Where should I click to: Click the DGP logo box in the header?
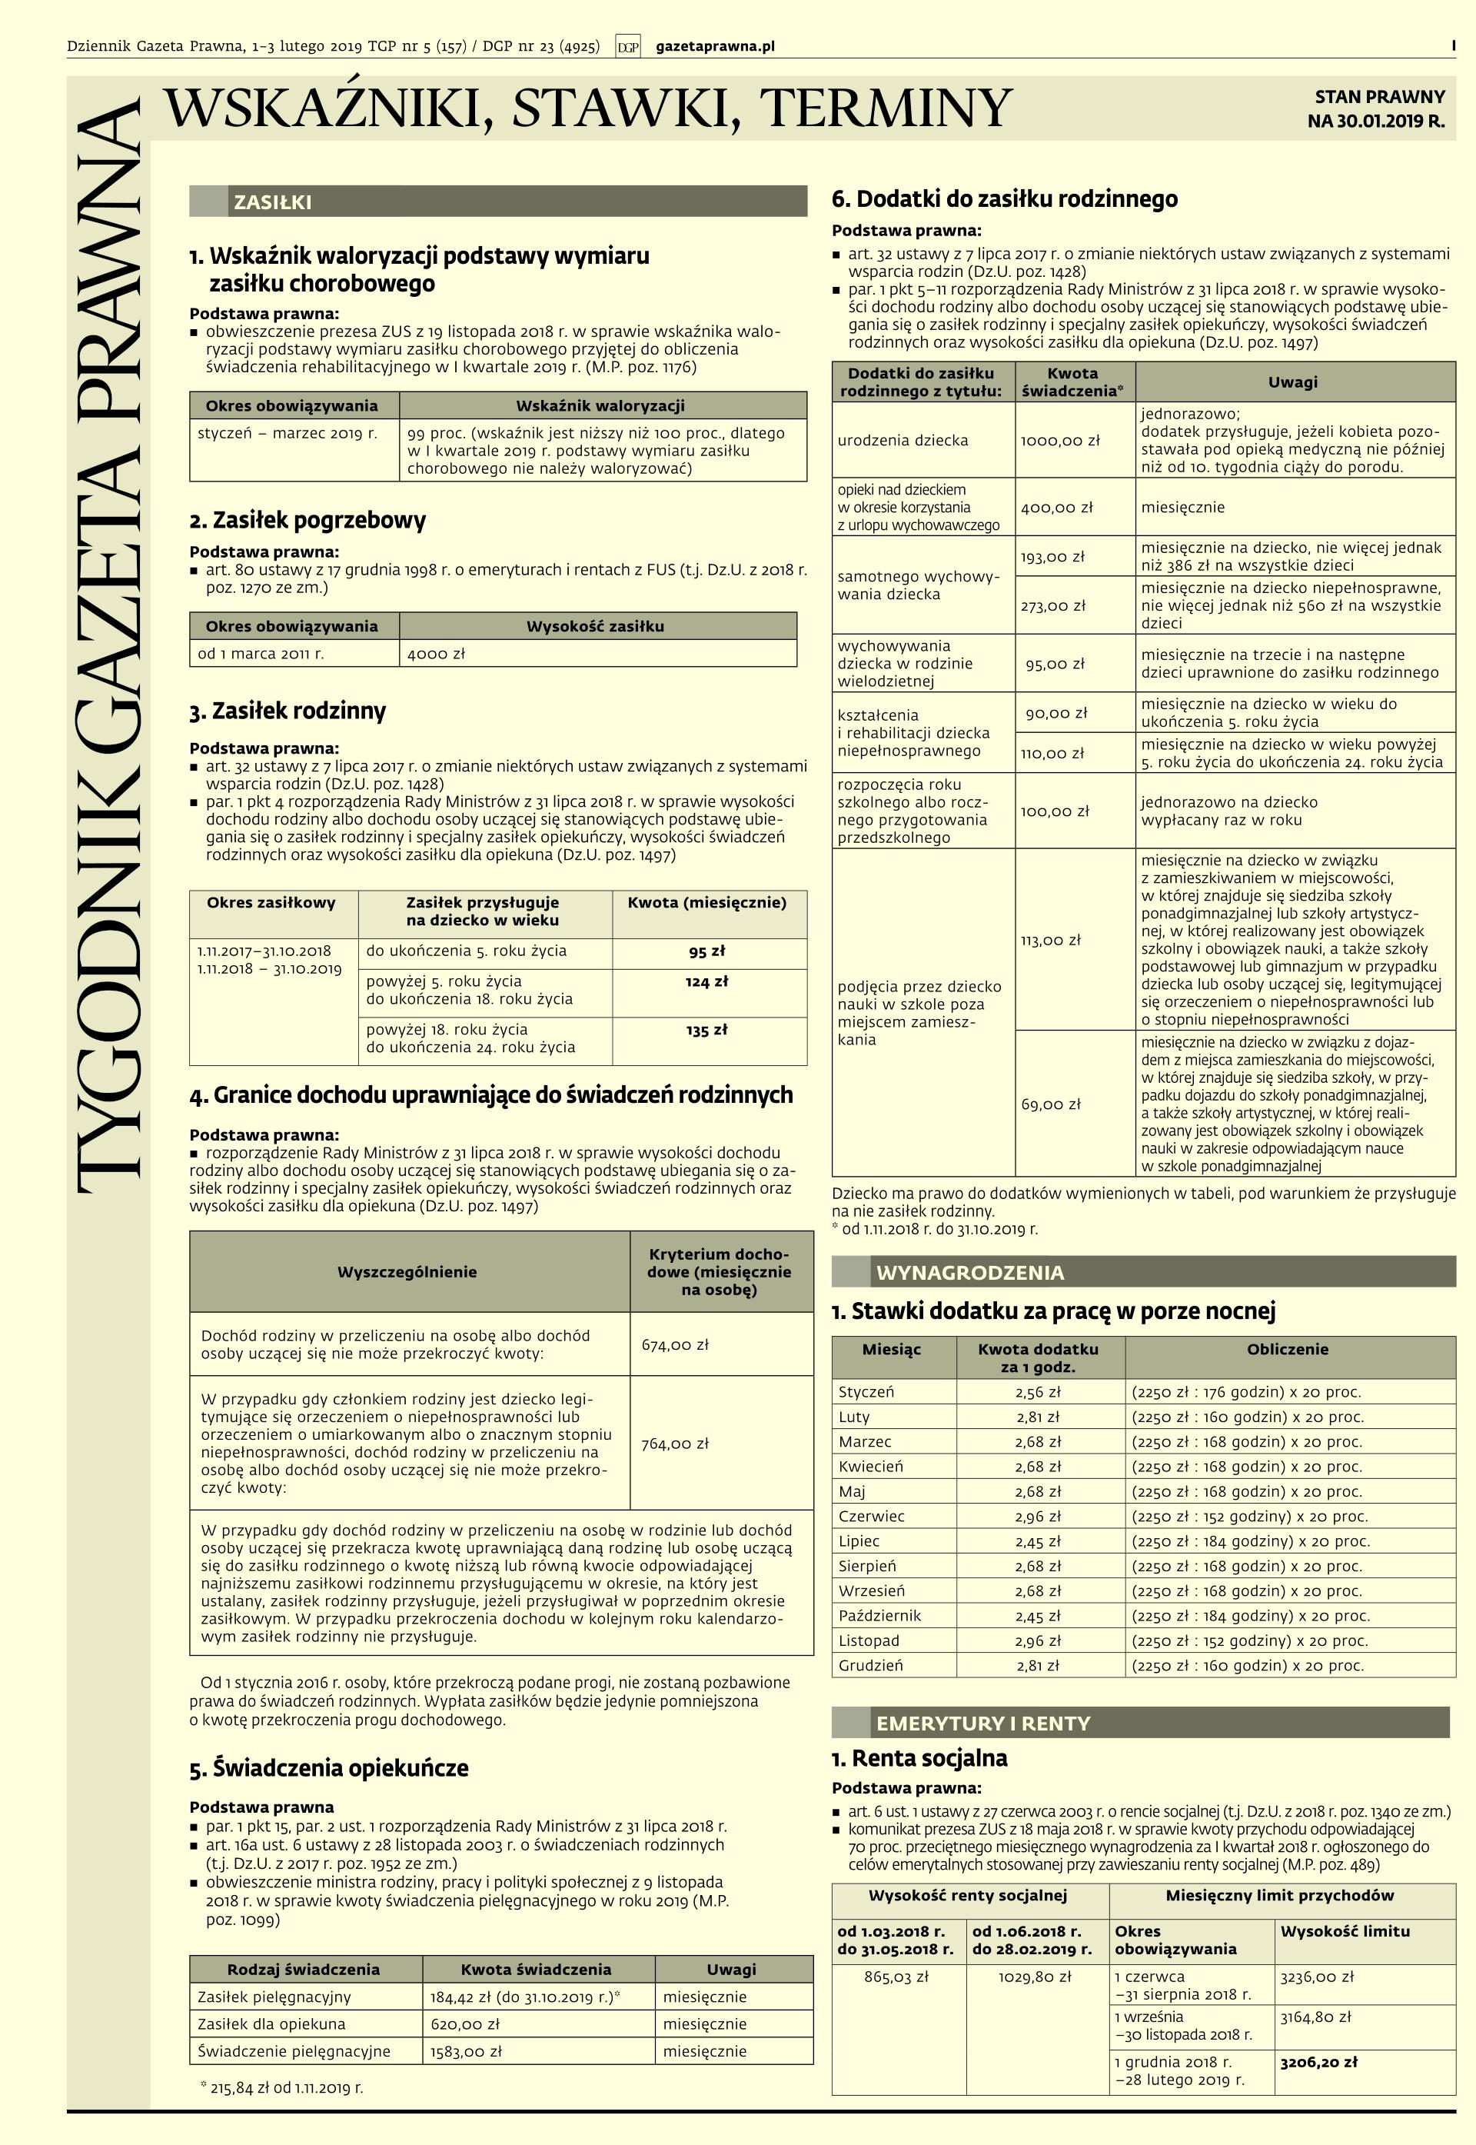point(628,46)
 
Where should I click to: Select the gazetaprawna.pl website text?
point(715,46)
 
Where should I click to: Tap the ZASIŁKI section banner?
point(497,202)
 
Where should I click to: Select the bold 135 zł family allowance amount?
point(706,1030)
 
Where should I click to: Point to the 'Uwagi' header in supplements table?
point(1292,382)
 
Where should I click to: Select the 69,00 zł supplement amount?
point(1051,1104)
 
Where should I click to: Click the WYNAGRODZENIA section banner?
point(1143,1273)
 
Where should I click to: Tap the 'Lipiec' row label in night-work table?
point(859,1541)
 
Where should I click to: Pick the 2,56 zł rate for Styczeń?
point(1038,1392)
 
